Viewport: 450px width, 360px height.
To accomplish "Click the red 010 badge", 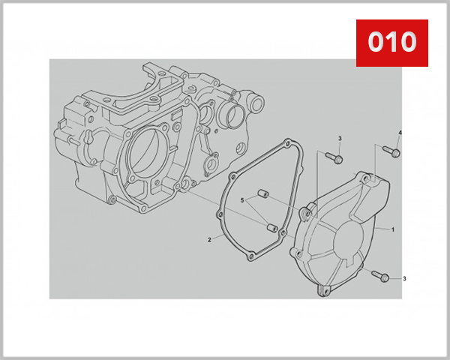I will point(391,42).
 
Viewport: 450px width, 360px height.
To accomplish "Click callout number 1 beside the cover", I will point(392,228).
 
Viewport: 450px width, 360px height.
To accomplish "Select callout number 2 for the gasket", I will point(209,241).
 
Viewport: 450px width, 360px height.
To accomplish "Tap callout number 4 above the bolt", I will point(400,133).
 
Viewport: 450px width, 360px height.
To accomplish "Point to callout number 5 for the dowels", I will point(242,201).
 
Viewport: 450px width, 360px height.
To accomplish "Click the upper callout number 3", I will point(339,139).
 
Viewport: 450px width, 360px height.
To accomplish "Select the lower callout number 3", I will point(404,279).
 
